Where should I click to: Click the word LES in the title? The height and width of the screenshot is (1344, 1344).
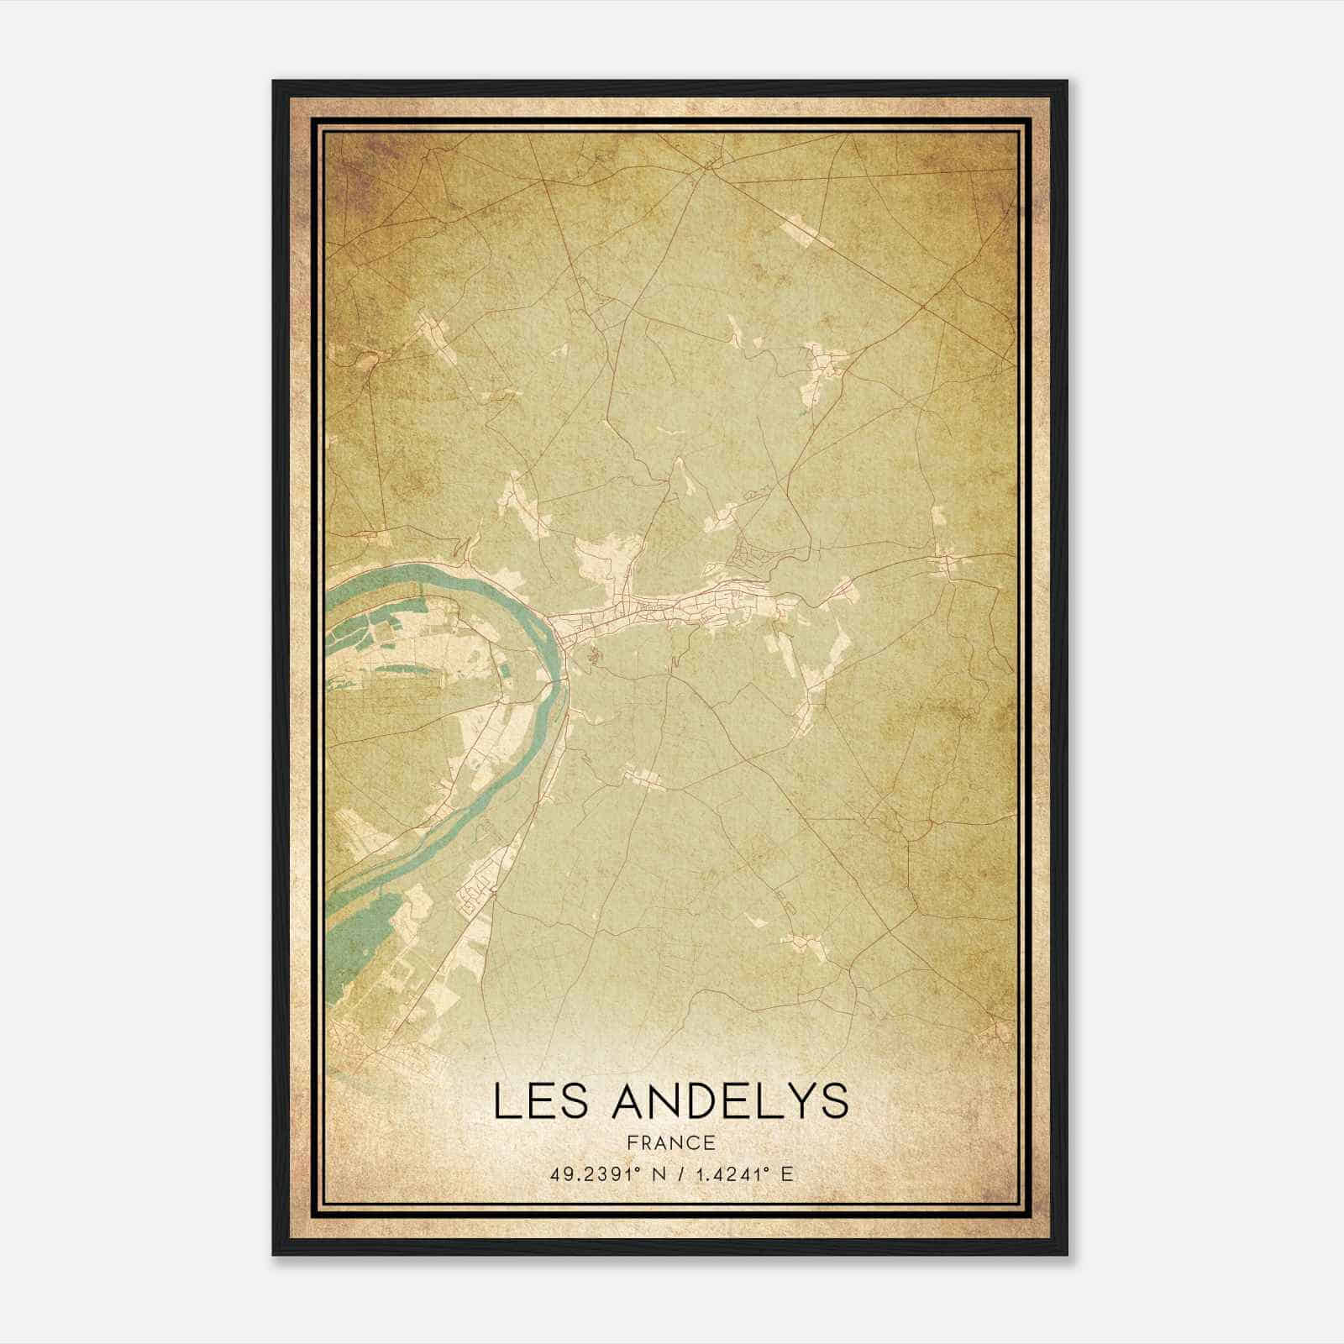tap(540, 1101)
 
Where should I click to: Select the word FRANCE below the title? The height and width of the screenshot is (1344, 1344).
tap(671, 1142)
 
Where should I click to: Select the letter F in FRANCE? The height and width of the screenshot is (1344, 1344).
tap(632, 1142)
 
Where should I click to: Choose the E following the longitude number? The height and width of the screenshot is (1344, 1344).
tap(786, 1174)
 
